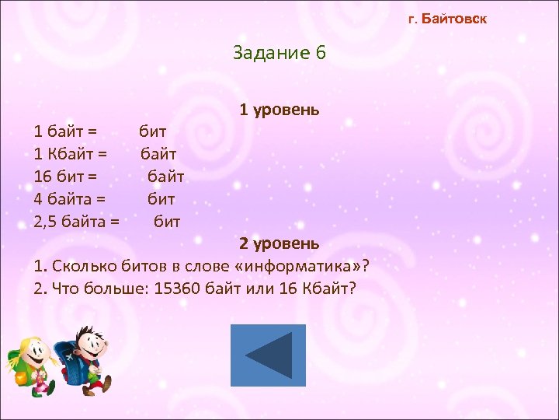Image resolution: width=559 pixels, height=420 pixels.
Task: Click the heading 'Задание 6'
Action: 279,53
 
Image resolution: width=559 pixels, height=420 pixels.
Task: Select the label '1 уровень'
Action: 279,110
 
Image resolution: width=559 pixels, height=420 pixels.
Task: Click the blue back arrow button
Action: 268,355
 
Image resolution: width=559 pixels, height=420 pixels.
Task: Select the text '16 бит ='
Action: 66,176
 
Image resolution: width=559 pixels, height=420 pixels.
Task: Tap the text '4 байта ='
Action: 70,199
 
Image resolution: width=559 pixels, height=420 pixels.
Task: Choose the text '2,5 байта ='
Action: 77,222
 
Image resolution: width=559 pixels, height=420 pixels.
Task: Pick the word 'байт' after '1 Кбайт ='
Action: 158,153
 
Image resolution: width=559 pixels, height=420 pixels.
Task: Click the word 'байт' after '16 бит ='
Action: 166,176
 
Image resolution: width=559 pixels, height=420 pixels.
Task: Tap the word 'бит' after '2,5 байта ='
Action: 167,222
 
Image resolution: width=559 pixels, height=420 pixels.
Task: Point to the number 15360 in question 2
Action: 179,289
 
